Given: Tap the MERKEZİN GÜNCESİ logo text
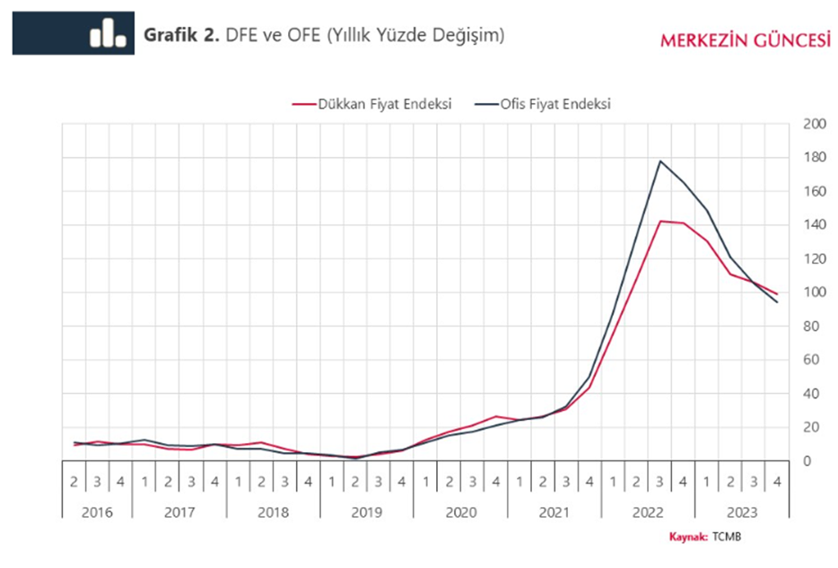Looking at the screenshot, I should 744,40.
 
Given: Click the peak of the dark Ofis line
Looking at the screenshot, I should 660,162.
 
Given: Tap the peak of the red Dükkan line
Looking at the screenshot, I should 660,221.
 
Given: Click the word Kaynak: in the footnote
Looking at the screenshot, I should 689,537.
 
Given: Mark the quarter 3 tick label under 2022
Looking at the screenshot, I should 660,482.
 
